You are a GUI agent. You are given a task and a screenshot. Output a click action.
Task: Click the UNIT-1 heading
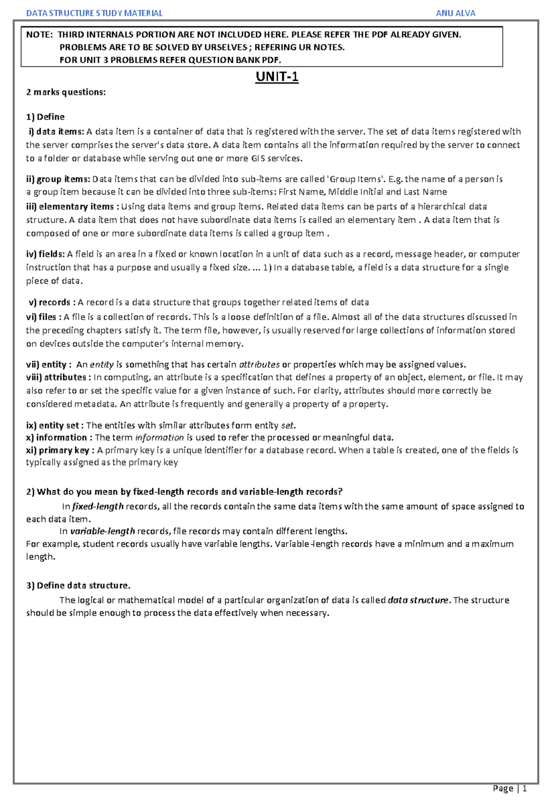click(277, 77)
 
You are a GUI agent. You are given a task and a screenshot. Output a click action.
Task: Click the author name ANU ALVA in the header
click(455, 13)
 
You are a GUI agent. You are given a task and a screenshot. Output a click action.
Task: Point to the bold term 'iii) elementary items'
click(70, 206)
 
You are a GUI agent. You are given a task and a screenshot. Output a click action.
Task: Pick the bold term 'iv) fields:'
click(46, 254)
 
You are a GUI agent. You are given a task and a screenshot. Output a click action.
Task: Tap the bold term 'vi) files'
click(43, 316)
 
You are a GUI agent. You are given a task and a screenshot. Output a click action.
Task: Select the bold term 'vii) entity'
click(48, 364)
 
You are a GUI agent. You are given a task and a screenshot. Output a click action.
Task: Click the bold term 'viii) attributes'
click(58, 377)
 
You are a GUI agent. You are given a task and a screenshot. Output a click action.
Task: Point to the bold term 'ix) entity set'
click(54, 425)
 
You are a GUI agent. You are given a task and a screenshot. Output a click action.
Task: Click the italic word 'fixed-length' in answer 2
click(98, 506)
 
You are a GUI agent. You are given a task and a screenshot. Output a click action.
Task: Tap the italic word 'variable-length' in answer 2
click(102, 531)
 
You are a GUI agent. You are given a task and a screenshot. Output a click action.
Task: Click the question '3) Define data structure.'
click(78, 585)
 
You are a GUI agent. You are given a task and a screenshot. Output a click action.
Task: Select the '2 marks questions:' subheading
click(66, 92)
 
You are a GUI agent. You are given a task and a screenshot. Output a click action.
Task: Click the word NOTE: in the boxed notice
click(39, 35)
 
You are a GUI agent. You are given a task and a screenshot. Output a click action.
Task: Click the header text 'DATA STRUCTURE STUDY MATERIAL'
click(94, 13)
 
